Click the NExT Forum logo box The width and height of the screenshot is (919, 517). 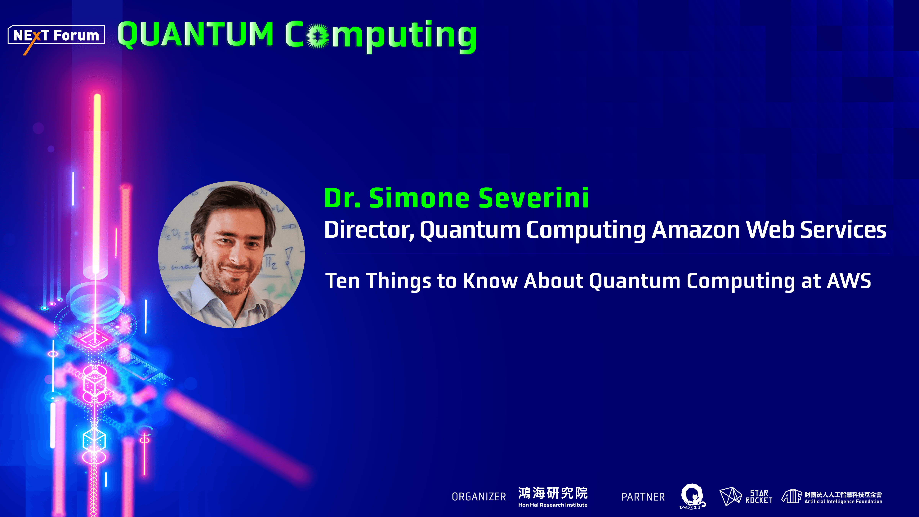[56, 35]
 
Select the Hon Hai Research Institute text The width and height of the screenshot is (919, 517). [553, 505]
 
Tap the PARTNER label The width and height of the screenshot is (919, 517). [643, 497]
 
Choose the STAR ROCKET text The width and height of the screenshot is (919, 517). [759, 497]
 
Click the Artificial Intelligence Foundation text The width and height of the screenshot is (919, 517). [843, 502]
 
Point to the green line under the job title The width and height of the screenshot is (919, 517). [606, 254]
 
